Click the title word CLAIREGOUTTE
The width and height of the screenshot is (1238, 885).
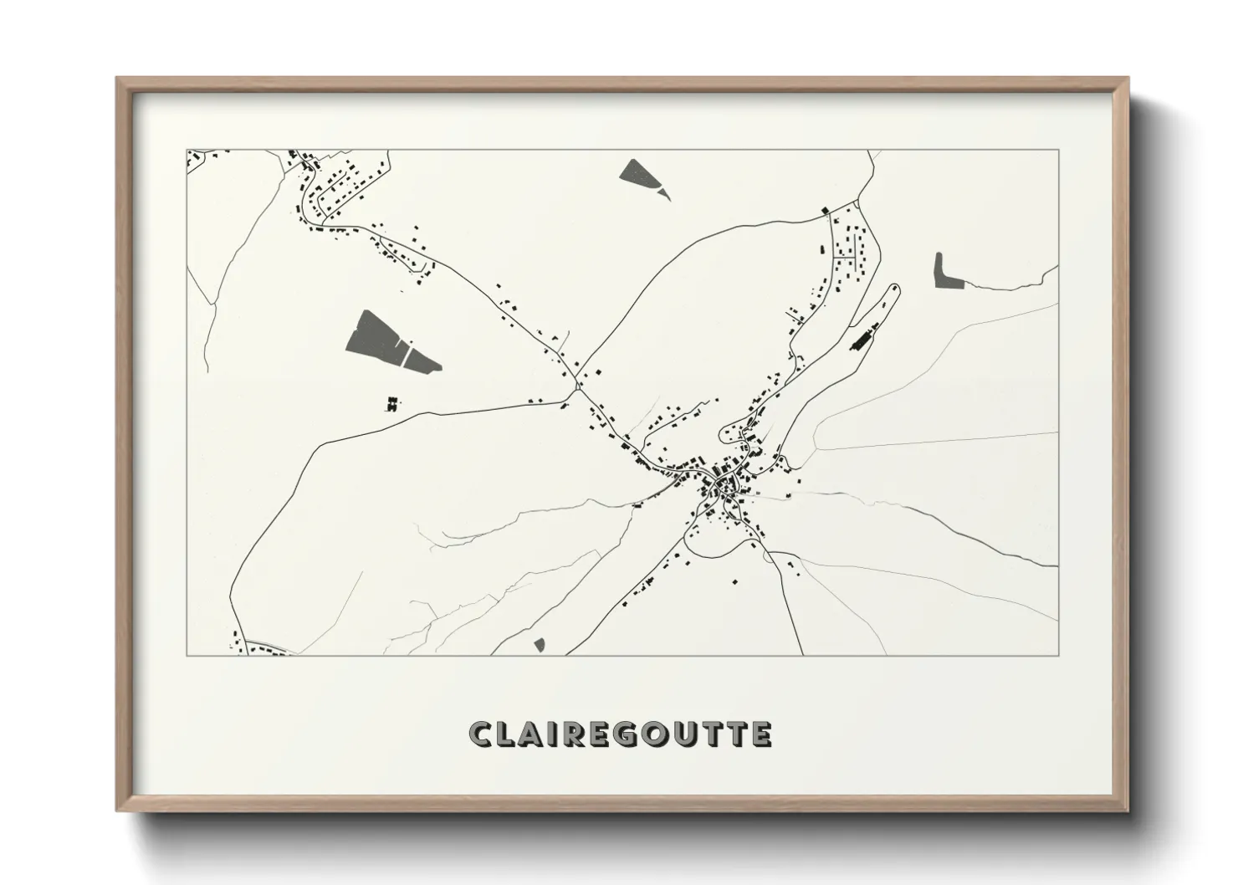[620, 734]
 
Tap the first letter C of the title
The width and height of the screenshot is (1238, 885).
[481, 734]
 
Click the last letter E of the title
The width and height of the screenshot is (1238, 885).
[760, 734]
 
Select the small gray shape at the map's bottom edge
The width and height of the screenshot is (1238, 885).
[540, 644]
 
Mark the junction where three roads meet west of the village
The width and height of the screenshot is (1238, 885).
[577, 387]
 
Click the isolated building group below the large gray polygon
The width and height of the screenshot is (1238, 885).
[390, 405]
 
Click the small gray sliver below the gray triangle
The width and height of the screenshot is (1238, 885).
[664, 193]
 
